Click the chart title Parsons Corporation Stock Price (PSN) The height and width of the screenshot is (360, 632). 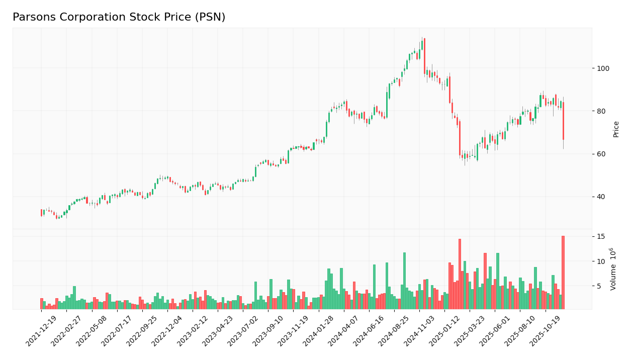point(119,18)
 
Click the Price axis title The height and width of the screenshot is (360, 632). point(616,129)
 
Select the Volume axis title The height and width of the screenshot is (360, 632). point(613,269)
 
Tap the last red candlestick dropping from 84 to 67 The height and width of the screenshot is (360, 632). point(563,121)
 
